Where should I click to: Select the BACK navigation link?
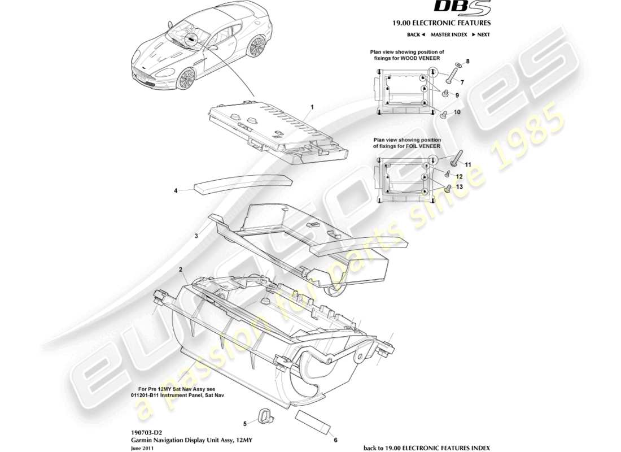[416, 34]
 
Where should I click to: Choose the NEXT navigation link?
[480, 34]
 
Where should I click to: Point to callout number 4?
[176, 191]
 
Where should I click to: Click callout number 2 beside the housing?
[180, 270]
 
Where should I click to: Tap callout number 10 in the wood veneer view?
[457, 112]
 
